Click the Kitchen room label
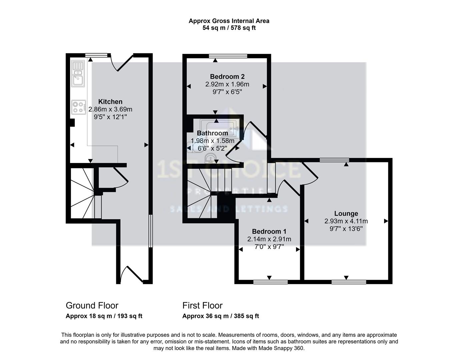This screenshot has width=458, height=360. coord(110,102)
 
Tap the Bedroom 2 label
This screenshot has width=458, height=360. coord(227,77)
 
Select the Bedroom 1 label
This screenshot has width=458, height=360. coord(269,231)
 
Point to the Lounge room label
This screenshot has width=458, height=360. coord(346,214)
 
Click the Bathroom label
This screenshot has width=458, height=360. coord(212,133)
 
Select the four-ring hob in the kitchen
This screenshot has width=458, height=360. coord(78,107)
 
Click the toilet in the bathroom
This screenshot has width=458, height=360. coord(193,147)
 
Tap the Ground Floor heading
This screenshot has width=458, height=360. coord(92,305)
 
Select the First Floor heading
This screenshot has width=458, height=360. coord(202,305)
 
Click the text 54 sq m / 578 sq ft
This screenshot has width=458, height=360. coord(229,28)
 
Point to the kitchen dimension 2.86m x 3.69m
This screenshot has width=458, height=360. coord(110,109)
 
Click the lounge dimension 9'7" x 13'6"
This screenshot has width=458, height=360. coord(346,229)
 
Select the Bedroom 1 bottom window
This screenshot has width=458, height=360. coord(270,282)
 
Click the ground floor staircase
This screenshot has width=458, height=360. coord(83,193)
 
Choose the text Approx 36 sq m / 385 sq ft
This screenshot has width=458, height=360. coord(220,316)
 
